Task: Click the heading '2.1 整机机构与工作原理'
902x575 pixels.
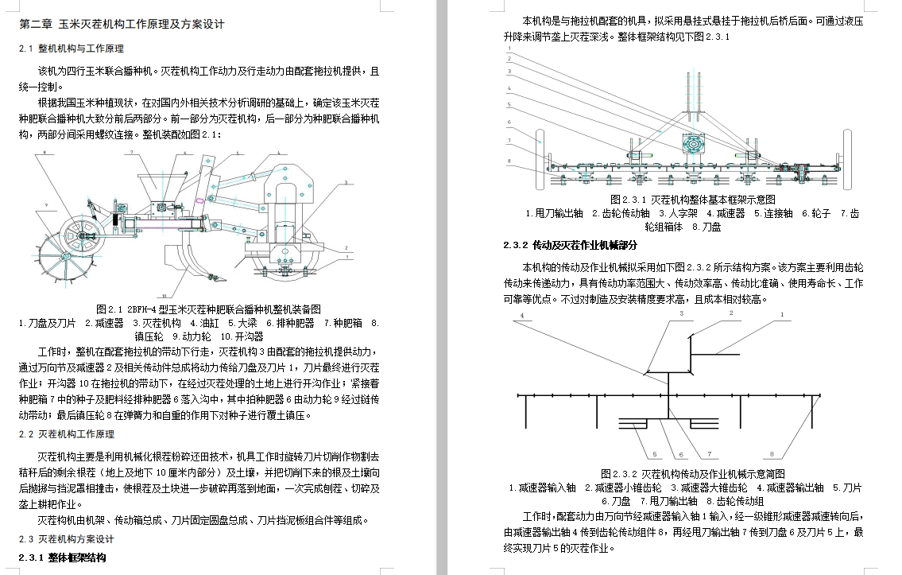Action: pyautogui.click(x=71, y=49)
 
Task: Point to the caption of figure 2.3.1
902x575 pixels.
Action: pyautogui.click(x=692, y=200)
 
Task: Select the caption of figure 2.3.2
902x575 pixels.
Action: pyautogui.click(x=693, y=473)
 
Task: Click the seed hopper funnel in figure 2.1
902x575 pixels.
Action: pyautogui.click(x=149, y=187)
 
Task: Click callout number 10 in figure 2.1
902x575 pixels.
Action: pyautogui.click(x=162, y=294)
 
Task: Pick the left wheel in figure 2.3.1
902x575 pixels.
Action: pyautogui.click(x=544, y=160)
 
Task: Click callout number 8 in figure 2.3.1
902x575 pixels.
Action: pyautogui.click(x=508, y=162)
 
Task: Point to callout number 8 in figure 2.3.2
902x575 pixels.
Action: pyautogui.click(x=770, y=455)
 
